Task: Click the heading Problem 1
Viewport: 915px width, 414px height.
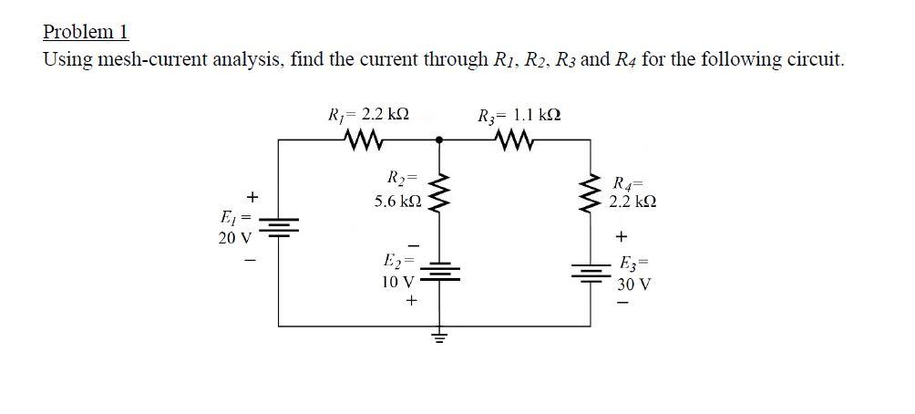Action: (x=86, y=32)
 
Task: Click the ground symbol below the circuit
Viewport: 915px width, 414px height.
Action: (x=440, y=338)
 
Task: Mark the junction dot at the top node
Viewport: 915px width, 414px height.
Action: (x=440, y=140)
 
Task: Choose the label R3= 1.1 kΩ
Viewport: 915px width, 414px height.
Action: (x=519, y=116)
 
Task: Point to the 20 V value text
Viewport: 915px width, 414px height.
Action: (x=234, y=238)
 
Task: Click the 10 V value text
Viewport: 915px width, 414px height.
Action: (x=397, y=282)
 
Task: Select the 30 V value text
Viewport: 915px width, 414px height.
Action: (x=633, y=283)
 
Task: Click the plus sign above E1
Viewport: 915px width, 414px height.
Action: (x=253, y=197)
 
